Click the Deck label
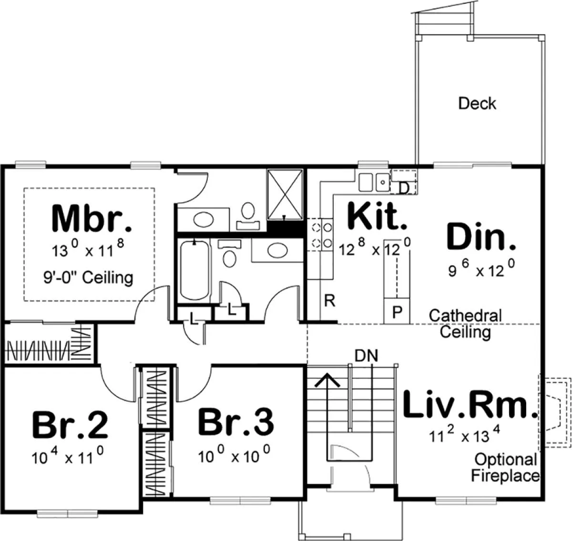477,103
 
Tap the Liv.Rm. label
470,405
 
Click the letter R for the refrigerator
329,301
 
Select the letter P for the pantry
397,312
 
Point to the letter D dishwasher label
404,189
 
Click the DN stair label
366,356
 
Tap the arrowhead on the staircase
327,380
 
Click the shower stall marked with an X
285,194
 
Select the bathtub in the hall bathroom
194,271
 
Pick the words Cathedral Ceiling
465,324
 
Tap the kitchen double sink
374,183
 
